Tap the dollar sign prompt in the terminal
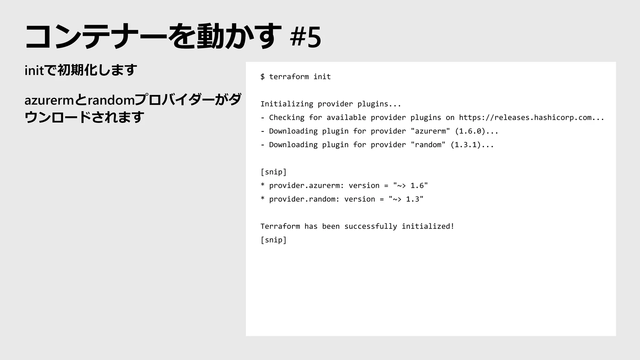point(262,77)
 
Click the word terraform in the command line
point(289,77)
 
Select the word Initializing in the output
point(287,104)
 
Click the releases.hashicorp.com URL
point(531,118)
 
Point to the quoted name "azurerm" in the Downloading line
point(430,131)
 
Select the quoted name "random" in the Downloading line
point(428,145)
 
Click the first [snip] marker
point(273,172)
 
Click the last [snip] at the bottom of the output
point(273,240)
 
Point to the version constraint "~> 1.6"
point(410,186)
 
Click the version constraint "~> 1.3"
point(406,199)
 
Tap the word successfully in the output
point(371,227)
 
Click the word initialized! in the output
point(428,227)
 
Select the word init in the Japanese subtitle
point(34,71)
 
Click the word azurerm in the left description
point(49,101)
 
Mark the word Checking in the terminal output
point(287,118)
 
